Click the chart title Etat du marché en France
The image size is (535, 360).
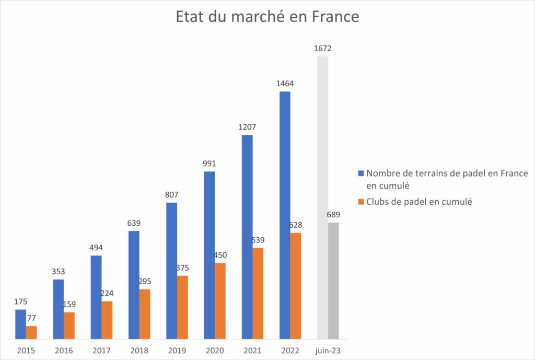point(267,17)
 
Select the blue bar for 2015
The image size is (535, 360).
point(20,324)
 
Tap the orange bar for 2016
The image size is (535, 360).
point(69,326)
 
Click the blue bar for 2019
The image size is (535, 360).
point(171,271)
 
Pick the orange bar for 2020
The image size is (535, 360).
point(220,300)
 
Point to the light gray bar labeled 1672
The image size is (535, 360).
point(322,198)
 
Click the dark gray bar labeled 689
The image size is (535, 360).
point(333,281)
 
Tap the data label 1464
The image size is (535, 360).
point(285,84)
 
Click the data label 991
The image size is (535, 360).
point(210,164)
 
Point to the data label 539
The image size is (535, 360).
point(258,240)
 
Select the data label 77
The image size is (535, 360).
point(31,318)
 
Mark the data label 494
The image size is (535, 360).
point(96,248)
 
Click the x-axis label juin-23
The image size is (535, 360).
point(328,350)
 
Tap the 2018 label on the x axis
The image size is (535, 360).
point(139,350)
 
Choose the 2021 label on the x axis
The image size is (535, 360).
point(252,350)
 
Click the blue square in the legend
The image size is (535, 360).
point(361,174)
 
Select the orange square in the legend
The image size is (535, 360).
point(361,202)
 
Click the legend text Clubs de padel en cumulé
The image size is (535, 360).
point(419,202)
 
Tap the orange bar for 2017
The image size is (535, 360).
point(107,320)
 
